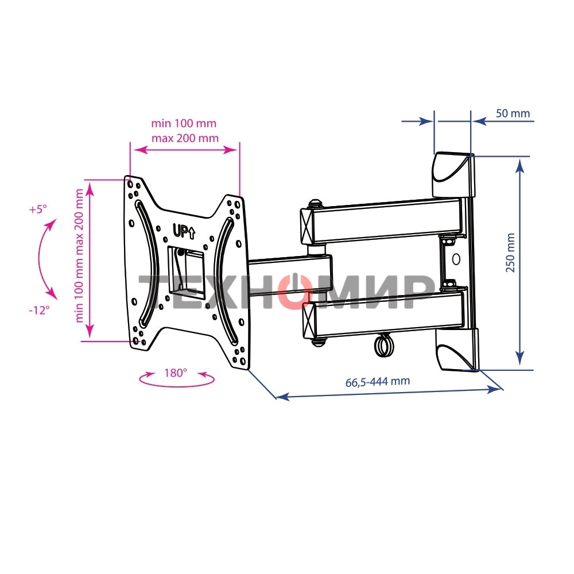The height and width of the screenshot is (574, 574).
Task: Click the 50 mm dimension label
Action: pos(513,113)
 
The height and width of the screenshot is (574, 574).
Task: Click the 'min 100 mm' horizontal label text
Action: pos(184,123)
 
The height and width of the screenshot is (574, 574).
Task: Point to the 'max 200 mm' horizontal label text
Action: pos(185,138)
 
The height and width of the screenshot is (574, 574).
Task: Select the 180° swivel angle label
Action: pos(176,373)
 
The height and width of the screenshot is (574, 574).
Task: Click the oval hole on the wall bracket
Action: pos(456,258)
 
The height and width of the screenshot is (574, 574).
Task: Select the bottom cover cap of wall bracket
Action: pos(457,350)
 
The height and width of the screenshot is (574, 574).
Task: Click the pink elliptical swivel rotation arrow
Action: pos(177,380)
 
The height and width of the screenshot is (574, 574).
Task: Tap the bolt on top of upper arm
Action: pos(315,203)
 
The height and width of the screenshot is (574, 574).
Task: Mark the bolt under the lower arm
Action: pos(317,342)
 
